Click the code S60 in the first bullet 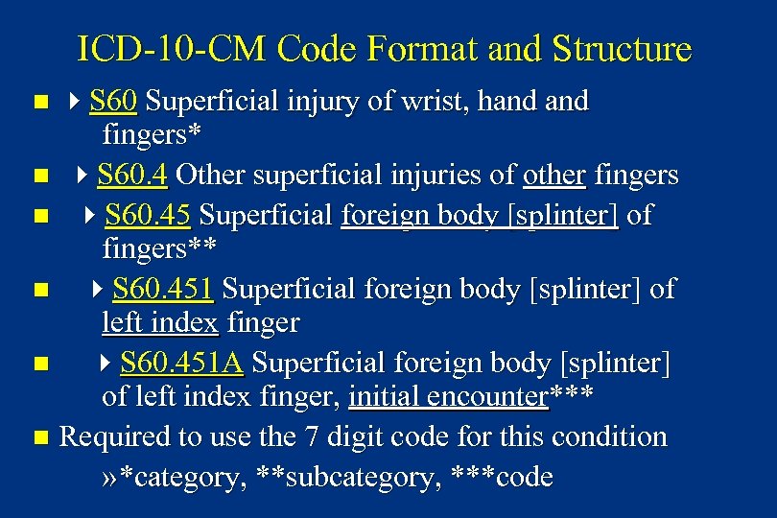tap(113, 101)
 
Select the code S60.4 tap(133, 176)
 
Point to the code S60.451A tap(181, 364)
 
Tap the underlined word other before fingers tap(553, 176)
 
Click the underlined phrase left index tap(160, 322)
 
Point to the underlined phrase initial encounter tap(448, 395)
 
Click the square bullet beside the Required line tap(38, 438)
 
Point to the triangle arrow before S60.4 tap(81, 176)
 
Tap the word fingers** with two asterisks tap(159, 248)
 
